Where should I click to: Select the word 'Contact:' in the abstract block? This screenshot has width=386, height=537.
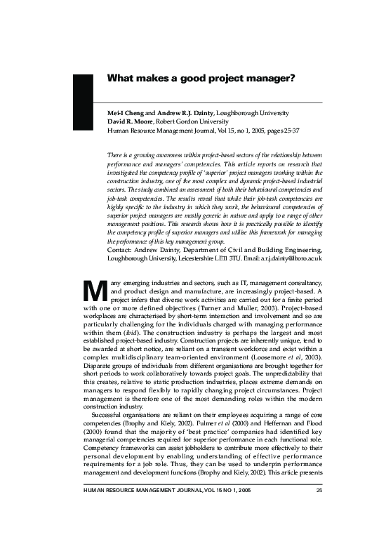click(x=119, y=250)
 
